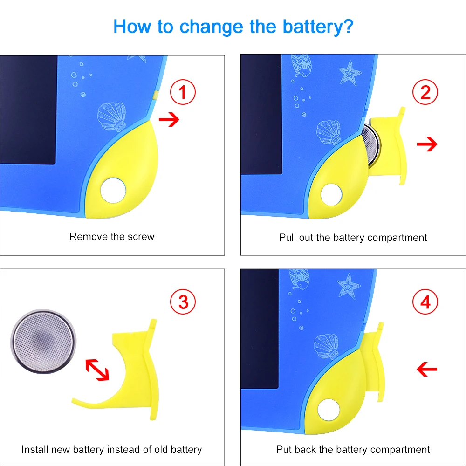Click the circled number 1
183,92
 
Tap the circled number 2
425,92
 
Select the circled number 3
183,302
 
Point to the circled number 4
425,302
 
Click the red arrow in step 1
169,119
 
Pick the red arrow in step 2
427,144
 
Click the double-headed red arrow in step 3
97,370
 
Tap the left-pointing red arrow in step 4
427,369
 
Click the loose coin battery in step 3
43,341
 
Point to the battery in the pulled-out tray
371,144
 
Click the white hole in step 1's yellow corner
113,191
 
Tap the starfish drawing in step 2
350,73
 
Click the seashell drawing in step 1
112,116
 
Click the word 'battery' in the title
317,27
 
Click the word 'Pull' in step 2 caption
288,238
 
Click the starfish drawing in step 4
349,286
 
